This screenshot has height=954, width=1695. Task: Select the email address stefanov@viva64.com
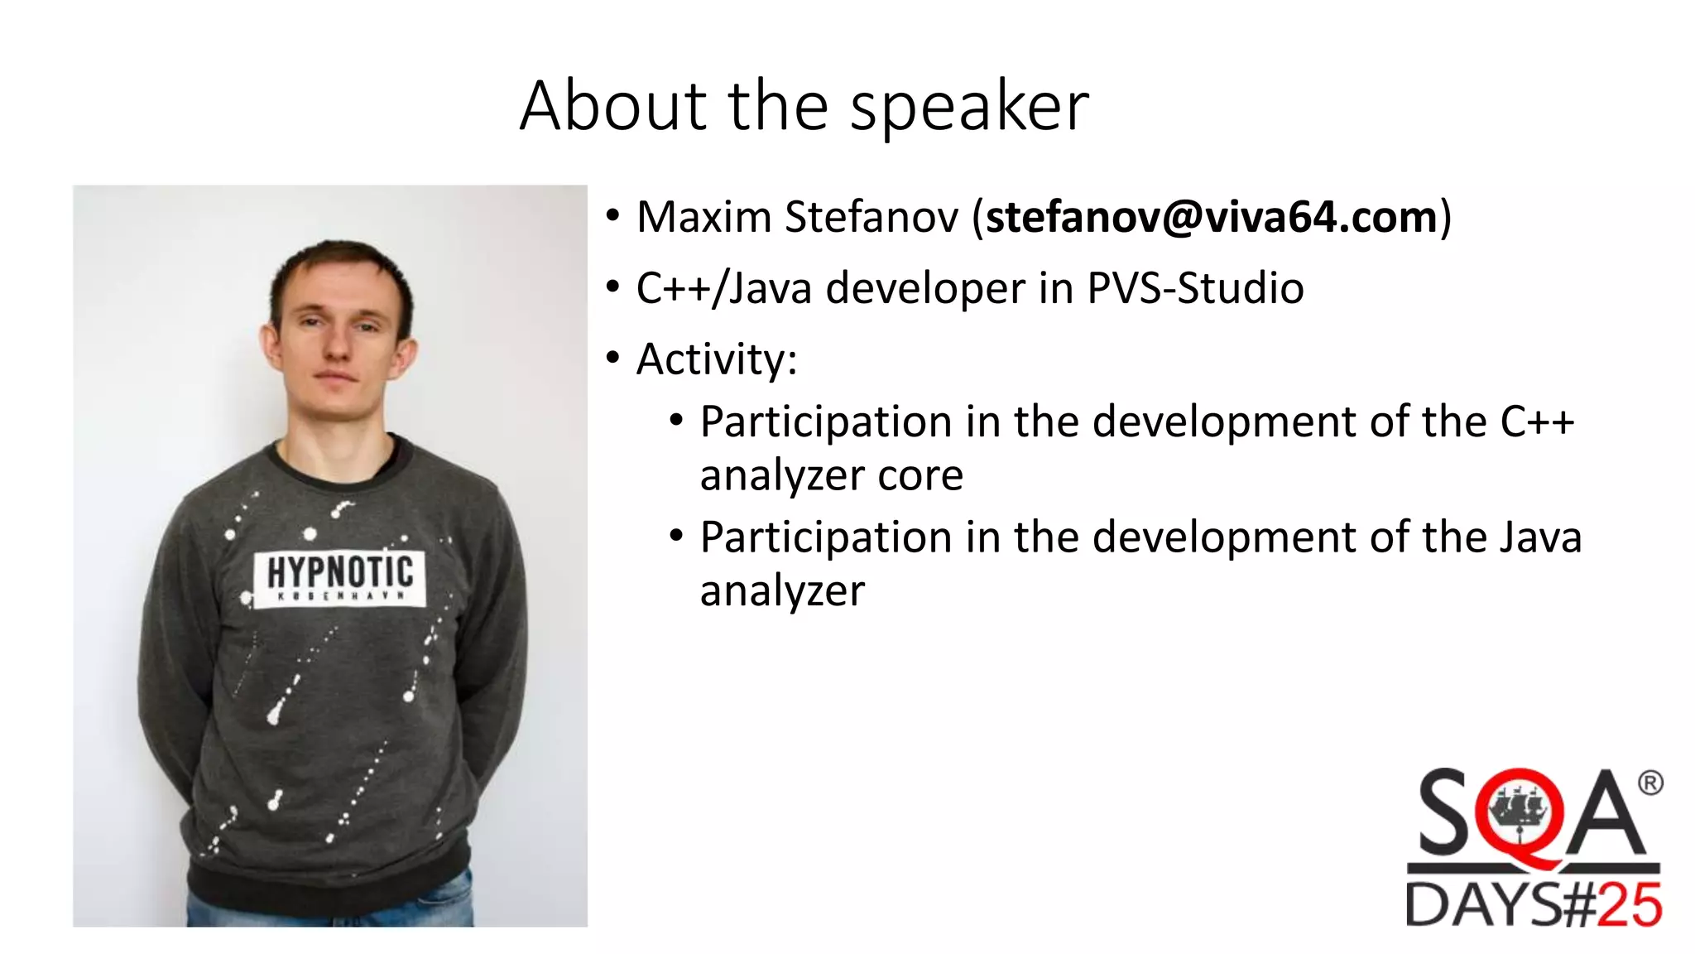[1211, 217]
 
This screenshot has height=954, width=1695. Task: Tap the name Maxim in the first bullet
[703, 217]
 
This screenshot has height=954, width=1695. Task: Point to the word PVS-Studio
[1195, 288]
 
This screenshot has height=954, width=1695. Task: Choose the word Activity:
[716, 359]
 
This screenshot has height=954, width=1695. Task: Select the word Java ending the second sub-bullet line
[1540, 537]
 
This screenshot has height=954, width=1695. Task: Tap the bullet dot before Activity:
[612, 359]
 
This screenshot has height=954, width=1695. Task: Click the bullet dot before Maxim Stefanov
[612, 216]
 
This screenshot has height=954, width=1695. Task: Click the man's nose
[337, 346]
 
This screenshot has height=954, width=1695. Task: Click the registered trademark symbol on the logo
[1649, 783]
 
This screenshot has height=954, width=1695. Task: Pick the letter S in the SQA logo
[1444, 813]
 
